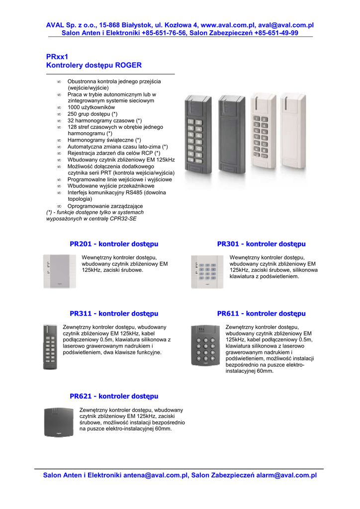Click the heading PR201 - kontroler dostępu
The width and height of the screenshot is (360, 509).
tap(114, 244)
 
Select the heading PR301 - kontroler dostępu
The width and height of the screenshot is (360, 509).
tap(261, 244)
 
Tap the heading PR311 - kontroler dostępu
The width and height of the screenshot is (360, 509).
tap(114, 314)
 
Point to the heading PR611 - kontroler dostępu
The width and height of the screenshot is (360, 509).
tap(261, 314)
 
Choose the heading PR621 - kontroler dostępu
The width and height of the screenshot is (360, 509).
tap(114, 396)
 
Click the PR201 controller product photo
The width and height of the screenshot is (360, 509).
tap(60, 271)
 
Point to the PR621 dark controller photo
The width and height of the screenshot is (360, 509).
tap(59, 423)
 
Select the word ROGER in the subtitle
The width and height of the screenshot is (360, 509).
tap(128, 65)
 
